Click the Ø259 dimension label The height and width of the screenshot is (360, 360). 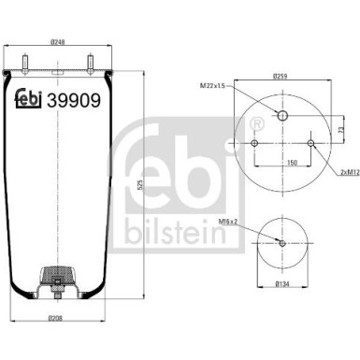tap(280, 74)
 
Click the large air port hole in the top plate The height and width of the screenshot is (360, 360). tap(281, 116)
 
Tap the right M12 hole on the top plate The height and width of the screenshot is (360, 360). tap(309, 142)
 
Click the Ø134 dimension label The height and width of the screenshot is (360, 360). tap(281, 283)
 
